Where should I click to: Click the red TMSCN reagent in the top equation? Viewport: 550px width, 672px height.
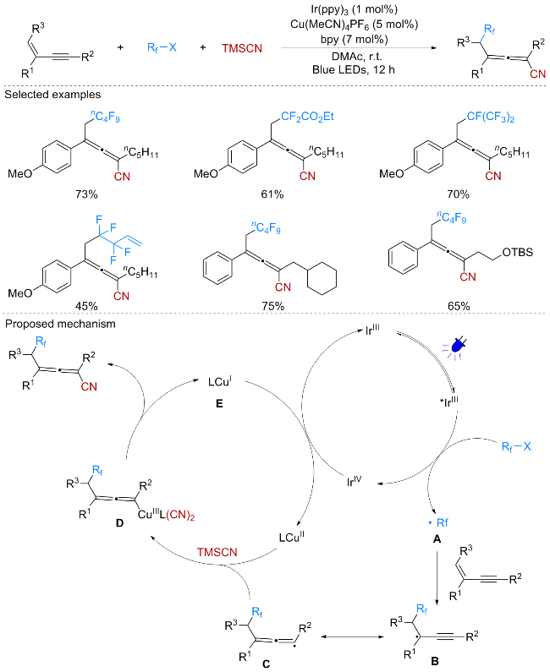click(242, 48)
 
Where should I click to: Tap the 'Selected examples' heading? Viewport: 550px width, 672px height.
click(52, 95)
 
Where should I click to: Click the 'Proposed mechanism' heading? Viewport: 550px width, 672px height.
click(60, 324)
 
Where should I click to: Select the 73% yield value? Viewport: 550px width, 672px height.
click(86, 194)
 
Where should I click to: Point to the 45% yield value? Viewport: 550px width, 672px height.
click(86, 306)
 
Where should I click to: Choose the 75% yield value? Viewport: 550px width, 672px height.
click(273, 306)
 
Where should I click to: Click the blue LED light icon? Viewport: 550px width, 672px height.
click(457, 347)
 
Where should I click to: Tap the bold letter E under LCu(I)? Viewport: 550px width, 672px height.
click(219, 404)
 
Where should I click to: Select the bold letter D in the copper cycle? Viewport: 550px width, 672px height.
click(119, 523)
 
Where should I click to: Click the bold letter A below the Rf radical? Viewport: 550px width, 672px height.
click(437, 539)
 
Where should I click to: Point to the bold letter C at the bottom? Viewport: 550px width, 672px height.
click(267, 664)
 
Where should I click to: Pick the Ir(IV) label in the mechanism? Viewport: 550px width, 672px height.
click(355, 481)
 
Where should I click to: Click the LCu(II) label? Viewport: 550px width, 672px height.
click(292, 537)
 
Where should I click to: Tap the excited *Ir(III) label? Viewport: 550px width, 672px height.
click(448, 402)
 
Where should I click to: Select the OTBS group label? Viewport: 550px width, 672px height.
click(517, 253)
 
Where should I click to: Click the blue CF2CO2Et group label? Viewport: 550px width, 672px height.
click(307, 117)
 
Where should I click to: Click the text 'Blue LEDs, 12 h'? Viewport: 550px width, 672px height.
click(354, 69)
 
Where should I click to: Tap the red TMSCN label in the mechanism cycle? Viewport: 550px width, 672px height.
click(217, 552)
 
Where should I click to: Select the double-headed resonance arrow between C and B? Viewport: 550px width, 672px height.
click(352, 636)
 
